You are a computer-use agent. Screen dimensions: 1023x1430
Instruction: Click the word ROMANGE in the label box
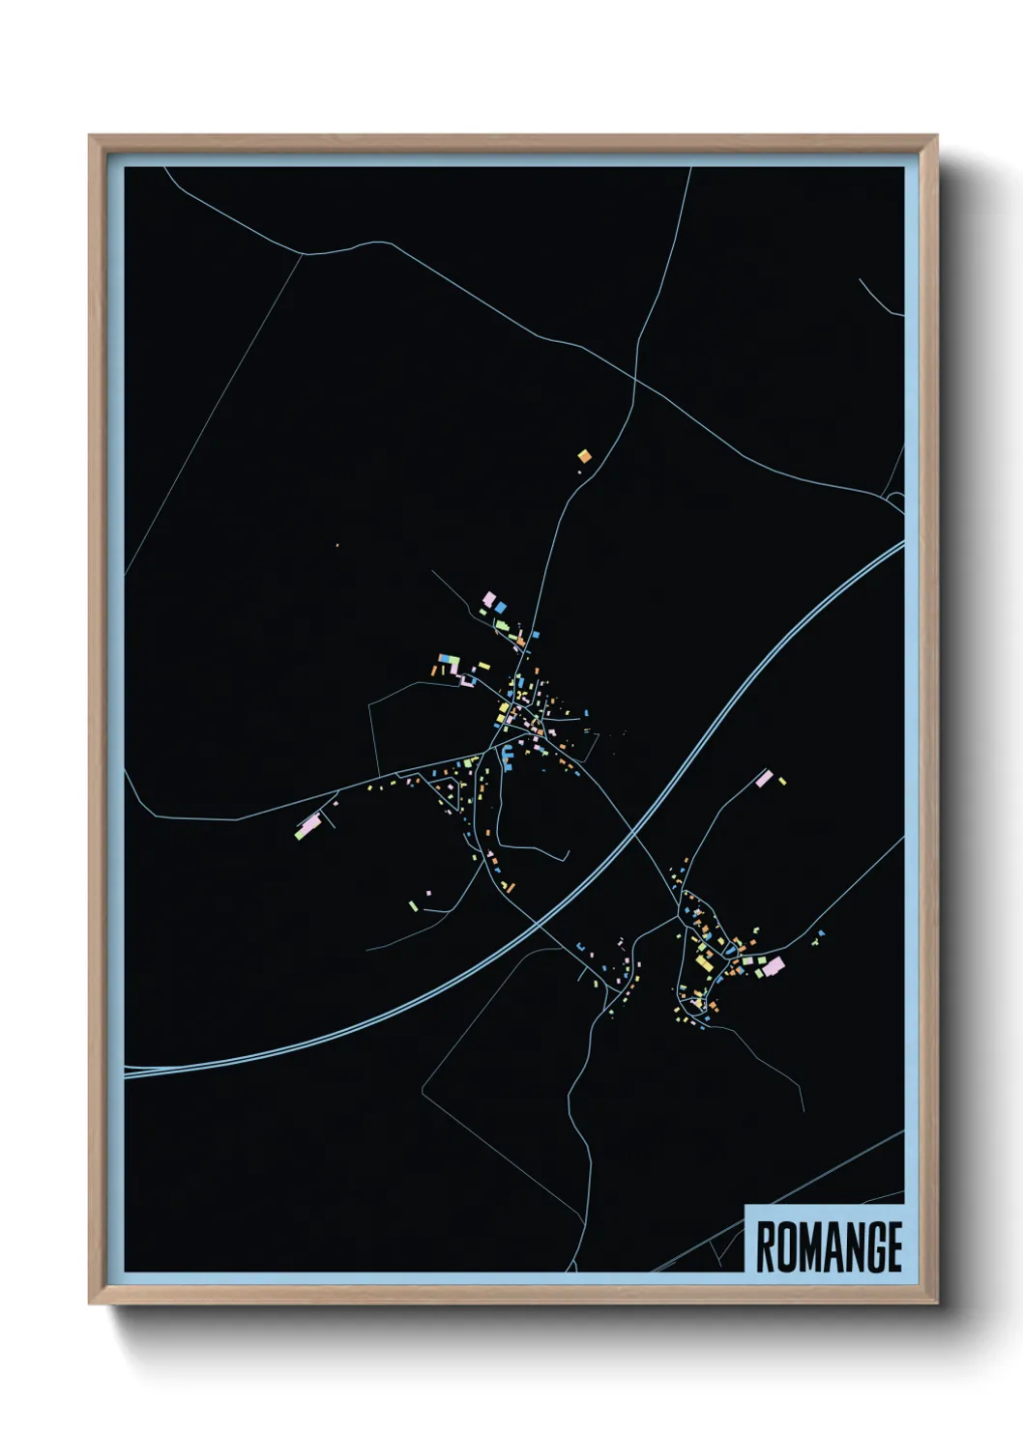tap(829, 1246)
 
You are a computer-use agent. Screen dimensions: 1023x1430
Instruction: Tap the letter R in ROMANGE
tap(765, 1246)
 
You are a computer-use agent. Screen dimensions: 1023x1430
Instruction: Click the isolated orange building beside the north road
tap(584, 455)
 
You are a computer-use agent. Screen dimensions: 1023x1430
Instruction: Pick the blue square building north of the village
tap(501, 606)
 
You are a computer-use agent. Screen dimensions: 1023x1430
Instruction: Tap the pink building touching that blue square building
tap(489, 599)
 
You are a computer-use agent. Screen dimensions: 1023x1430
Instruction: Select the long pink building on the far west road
tap(308, 826)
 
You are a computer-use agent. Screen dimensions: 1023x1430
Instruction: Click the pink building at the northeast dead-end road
tap(764, 778)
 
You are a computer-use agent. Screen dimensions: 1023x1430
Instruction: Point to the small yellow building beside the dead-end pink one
tap(782, 781)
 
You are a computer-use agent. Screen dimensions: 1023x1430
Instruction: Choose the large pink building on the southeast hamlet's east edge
tap(773, 964)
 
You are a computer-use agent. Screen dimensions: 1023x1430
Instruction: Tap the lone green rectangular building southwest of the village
tap(413, 905)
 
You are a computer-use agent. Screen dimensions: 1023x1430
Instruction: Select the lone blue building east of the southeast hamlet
tap(821, 933)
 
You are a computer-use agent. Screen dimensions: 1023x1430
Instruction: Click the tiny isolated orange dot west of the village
tap(337, 546)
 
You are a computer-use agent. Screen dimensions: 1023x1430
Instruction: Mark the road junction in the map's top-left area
tap(305, 254)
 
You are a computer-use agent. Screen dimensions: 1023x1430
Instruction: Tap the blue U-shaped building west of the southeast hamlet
tap(580, 947)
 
